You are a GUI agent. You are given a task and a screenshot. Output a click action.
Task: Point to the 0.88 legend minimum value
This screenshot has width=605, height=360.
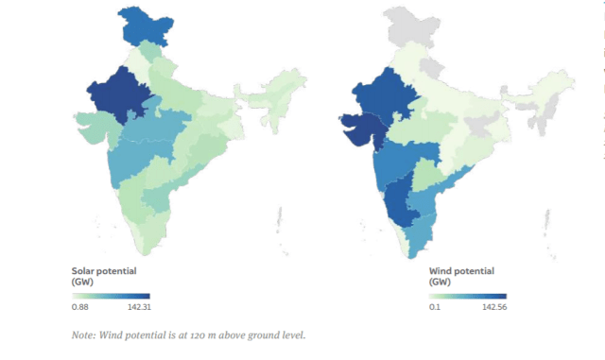click(80, 307)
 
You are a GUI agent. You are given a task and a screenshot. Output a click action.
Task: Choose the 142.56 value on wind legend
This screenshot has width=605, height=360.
click(493, 307)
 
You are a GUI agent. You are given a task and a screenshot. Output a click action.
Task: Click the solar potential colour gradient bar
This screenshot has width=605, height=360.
click(111, 296)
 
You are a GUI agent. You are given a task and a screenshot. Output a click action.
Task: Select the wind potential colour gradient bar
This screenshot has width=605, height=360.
click(467, 296)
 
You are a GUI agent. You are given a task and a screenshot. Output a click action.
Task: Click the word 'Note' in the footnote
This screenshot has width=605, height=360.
click(83, 335)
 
